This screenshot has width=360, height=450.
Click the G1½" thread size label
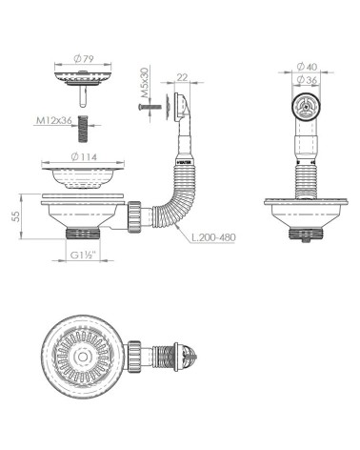point(81,256)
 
